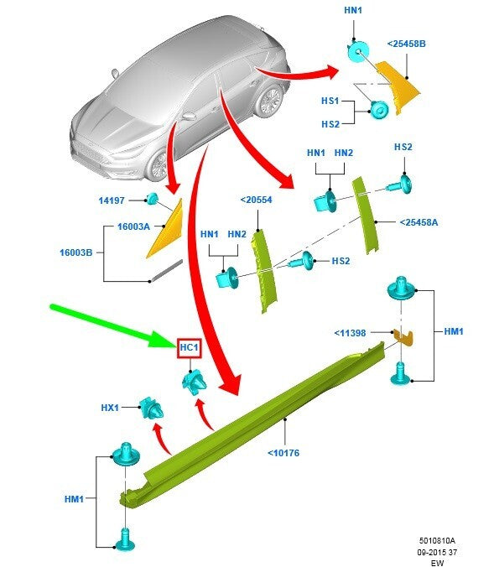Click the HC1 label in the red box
(189, 348)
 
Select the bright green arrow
(113, 326)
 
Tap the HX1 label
(110, 408)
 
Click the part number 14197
(112, 200)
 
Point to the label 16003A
(133, 226)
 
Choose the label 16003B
(76, 252)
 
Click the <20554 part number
(256, 200)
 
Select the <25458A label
(419, 222)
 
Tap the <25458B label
(407, 44)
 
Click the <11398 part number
(350, 333)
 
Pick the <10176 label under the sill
(283, 453)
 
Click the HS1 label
(330, 101)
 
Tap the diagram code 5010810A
(437, 541)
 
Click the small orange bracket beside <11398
(404, 336)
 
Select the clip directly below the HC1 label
(195, 382)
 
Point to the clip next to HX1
(152, 408)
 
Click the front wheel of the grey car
(159, 166)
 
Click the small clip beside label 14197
(152, 199)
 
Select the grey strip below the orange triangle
(167, 270)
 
